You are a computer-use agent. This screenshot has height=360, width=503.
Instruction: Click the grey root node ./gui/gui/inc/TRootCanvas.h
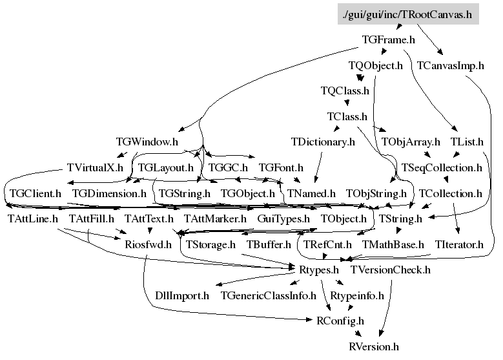click(x=408, y=14)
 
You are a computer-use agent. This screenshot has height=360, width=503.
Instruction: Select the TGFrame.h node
click(x=388, y=40)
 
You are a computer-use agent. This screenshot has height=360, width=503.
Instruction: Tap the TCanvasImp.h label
click(x=451, y=65)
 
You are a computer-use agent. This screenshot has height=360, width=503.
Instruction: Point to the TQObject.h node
click(x=375, y=65)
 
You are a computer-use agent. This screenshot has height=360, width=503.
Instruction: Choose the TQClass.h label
click(x=345, y=91)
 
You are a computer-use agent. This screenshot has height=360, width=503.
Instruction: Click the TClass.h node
click(x=347, y=116)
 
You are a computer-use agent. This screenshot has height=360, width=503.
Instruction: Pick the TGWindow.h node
click(x=147, y=142)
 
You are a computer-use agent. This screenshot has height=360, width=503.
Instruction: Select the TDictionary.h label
click(x=323, y=142)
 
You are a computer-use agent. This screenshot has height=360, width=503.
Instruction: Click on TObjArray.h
click(x=411, y=142)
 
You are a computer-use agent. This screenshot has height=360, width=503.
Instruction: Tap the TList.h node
click(x=467, y=142)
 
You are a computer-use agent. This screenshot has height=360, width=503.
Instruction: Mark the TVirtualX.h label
click(x=95, y=167)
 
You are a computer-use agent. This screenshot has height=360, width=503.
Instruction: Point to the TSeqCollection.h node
click(x=442, y=167)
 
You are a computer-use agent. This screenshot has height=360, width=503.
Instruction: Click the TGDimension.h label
click(x=109, y=193)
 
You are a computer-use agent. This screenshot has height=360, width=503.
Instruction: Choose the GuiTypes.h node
click(x=283, y=219)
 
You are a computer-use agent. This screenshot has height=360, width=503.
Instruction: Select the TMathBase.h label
click(x=393, y=245)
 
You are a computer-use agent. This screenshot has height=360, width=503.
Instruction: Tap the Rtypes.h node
click(x=318, y=270)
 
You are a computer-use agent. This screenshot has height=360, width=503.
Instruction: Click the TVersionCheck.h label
click(x=390, y=270)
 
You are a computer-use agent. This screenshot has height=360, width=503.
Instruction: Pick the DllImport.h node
click(x=182, y=295)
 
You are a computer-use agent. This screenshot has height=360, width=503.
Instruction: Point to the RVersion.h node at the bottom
click(x=374, y=347)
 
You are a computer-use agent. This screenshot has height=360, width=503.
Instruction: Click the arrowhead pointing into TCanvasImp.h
click(x=440, y=52)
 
